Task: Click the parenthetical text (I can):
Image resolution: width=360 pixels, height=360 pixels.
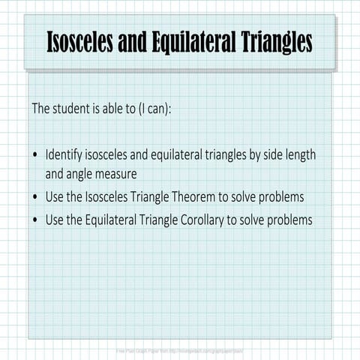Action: pos(153,108)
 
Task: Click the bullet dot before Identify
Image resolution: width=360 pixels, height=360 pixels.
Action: pos(35,156)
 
